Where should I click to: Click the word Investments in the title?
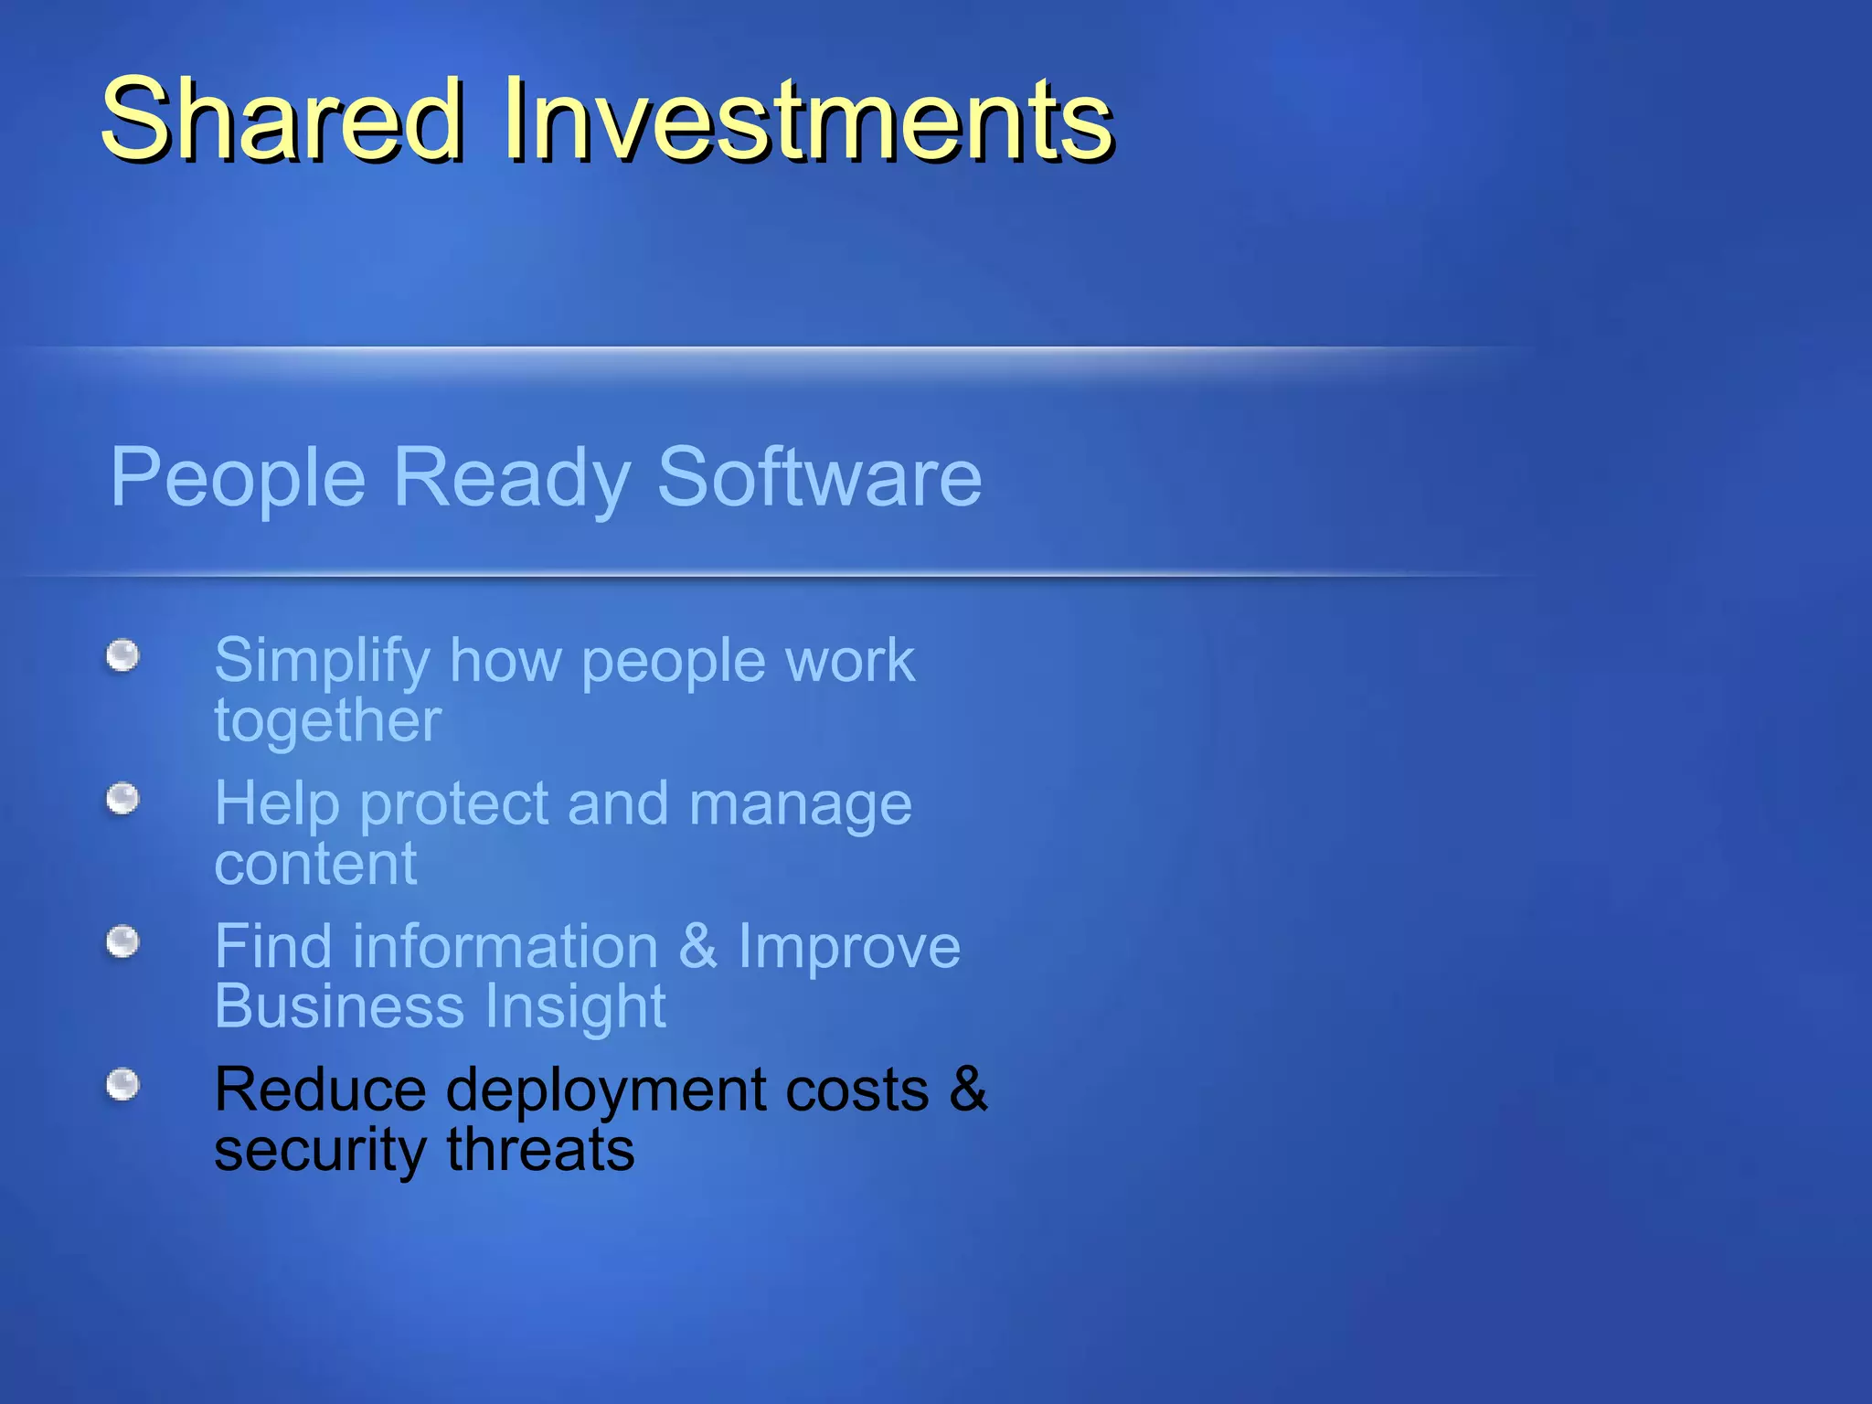[x=808, y=120]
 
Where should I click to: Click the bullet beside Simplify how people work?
[x=122, y=655]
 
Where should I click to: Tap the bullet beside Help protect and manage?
[x=122, y=800]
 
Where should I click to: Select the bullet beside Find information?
[x=122, y=941]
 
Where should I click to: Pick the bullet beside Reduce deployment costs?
[x=122, y=1085]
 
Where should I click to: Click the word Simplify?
[x=322, y=662]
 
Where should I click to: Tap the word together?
[x=327, y=722]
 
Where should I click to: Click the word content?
[x=315, y=864]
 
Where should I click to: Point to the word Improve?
[x=849, y=947]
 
